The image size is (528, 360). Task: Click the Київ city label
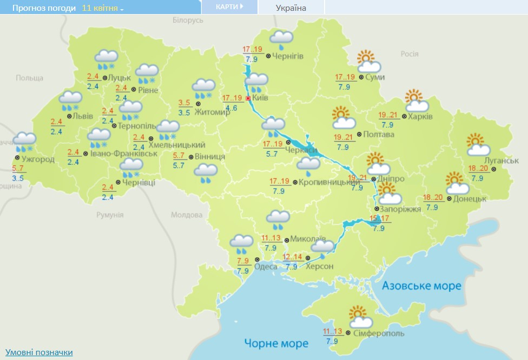[x=260, y=98]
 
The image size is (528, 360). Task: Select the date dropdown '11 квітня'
[x=103, y=9]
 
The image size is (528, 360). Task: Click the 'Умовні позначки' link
[x=39, y=352]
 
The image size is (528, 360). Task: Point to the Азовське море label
[x=421, y=285]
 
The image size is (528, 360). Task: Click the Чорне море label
[x=276, y=343]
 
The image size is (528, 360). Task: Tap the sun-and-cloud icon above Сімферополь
[x=358, y=315]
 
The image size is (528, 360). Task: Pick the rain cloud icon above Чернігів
[x=281, y=39]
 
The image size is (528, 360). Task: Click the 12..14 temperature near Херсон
[x=292, y=257]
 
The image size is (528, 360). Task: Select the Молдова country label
[x=187, y=215]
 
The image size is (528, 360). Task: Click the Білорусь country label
[x=188, y=20]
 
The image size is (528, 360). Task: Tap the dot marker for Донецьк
[x=449, y=199]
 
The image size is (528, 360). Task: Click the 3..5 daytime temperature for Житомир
[x=184, y=103]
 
